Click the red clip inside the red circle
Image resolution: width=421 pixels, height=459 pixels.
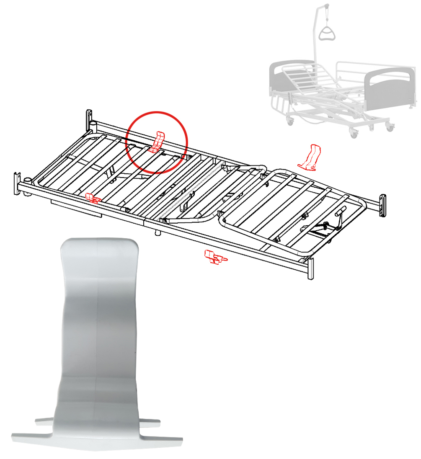coord(158,142)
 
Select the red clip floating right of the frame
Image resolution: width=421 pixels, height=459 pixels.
coord(310,157)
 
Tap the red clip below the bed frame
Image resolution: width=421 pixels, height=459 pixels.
coord(214,256)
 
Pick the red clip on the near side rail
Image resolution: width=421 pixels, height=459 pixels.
coord(92,197)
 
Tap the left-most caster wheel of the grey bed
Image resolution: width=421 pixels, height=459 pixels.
coord(289,121)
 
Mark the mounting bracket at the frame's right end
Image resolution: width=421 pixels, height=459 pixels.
coord(382,205)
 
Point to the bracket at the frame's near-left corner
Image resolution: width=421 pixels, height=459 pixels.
coord(18,184)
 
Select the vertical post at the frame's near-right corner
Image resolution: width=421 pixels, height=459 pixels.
coord(310,268)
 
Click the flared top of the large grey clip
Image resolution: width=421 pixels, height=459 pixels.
coord(99,251)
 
